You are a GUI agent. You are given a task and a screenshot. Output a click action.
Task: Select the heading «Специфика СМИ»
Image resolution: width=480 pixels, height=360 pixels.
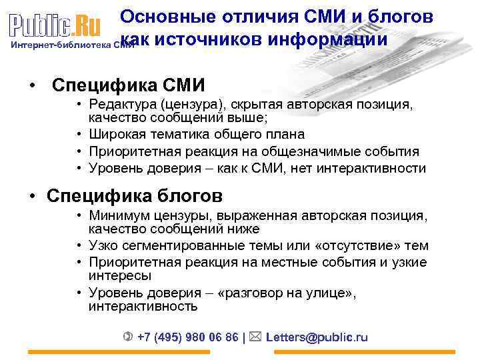(x=129, y=85)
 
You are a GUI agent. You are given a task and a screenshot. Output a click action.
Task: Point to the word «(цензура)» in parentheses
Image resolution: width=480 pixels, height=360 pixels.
(x=195, y=105)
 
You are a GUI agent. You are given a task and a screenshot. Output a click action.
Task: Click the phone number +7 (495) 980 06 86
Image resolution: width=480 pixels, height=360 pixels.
(x=187, y=337)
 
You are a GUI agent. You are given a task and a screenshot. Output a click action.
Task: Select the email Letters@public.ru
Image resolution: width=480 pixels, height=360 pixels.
(x=317, y=337)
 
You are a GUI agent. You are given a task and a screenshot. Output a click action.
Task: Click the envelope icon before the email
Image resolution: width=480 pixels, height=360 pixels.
(x=256, y=337)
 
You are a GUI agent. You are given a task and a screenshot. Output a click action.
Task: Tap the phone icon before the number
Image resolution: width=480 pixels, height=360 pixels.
(x=128, y=337)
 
